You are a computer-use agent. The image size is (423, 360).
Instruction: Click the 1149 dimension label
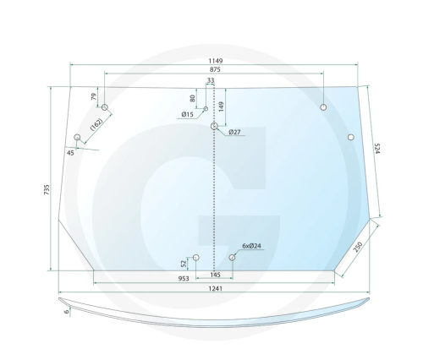pyautogui.click(x=216, y=61)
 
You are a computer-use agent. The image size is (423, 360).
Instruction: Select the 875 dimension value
pyautogui.click(x=215, y=69)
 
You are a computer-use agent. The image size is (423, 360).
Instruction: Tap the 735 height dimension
pyautogui.click(x=47, y=189)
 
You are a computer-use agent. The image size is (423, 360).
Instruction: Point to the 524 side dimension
pyautogui.click(x=377, y=149)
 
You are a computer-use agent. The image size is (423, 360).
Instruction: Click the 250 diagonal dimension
pyautogui.click(x=358, y=247)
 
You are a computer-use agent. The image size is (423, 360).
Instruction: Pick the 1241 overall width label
pyautogui.click(x=216, y=288)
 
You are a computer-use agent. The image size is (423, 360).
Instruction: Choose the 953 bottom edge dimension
pyautogui.click(x=184, y=279)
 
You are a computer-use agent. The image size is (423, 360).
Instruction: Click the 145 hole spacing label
pyautogui.click(x=216, y=275)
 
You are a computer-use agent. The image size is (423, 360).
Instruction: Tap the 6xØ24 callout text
pyautogui.click(x=251, y=246)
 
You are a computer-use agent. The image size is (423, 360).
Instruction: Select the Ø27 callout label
pyautogui.click(x=234, y=132)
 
